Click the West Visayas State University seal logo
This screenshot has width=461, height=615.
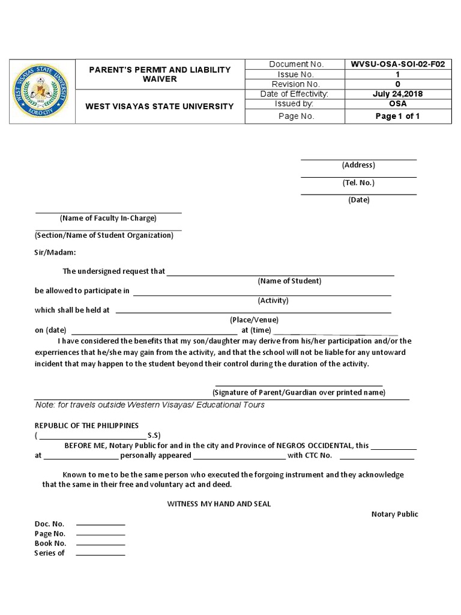pyautogui.click(x=40, y=92)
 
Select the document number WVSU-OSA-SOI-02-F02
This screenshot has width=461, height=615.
pyautogui.click(x=397, y=64)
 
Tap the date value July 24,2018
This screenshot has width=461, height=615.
pyautogui.click(x=397, y=94)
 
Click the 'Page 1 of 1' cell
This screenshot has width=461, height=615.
pyautogui.click(x=397, y=116)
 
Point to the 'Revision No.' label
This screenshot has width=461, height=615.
pyautogui.click(x=296, y=84)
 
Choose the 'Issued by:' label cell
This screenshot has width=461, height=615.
pyautogui.click(x=296, y=103)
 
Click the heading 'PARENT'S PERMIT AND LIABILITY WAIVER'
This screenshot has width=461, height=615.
pyautogui.click(x=160, y=74)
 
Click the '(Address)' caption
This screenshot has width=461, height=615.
pyautogui.click(x=358, y=165)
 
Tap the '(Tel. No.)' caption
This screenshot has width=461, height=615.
pyautogui.click(x=358, y=183)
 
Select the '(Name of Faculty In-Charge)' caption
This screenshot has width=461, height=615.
pyautogui.click(x=108, y=218)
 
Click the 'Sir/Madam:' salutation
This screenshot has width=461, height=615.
pyautogui.click(x=55, y=253)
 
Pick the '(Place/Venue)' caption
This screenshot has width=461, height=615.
pyautogui.click(x=255, y=320)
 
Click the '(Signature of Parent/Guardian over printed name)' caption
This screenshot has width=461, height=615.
pyautogui.click(x=298, y=393)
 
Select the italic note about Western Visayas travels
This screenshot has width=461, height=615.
pyautogui.click(x=149, y=405)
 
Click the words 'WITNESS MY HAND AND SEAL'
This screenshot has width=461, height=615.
pyautogui.click(x=218, y=504)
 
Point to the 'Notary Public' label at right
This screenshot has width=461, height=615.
pyautogui.click(x=394, y=514)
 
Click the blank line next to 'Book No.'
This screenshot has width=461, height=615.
pyautogui.click(x=101, y=545)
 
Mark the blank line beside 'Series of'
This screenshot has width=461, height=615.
pyautogui.click(x=101, y=554)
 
